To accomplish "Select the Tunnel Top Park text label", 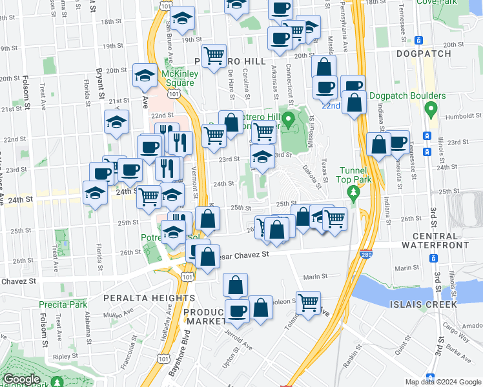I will coord(353,175).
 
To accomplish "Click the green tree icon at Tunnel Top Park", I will coord(353,192).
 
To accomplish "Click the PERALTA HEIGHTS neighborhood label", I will coord(148,298).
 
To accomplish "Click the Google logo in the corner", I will coord(21,379).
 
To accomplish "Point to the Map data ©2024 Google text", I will coord(442,382).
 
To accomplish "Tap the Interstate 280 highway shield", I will coord(366,256).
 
